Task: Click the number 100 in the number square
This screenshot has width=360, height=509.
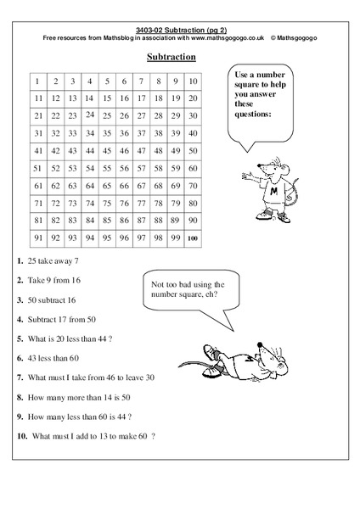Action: [194, 238]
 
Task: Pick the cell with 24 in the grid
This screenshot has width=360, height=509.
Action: [90, 115]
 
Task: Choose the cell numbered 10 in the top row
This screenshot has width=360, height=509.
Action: [194, 81]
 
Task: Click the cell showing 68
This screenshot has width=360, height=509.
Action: [159, 186]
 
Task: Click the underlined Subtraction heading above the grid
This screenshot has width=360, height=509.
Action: [172, 57]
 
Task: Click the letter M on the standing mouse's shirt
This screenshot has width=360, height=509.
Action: [274, 190]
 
